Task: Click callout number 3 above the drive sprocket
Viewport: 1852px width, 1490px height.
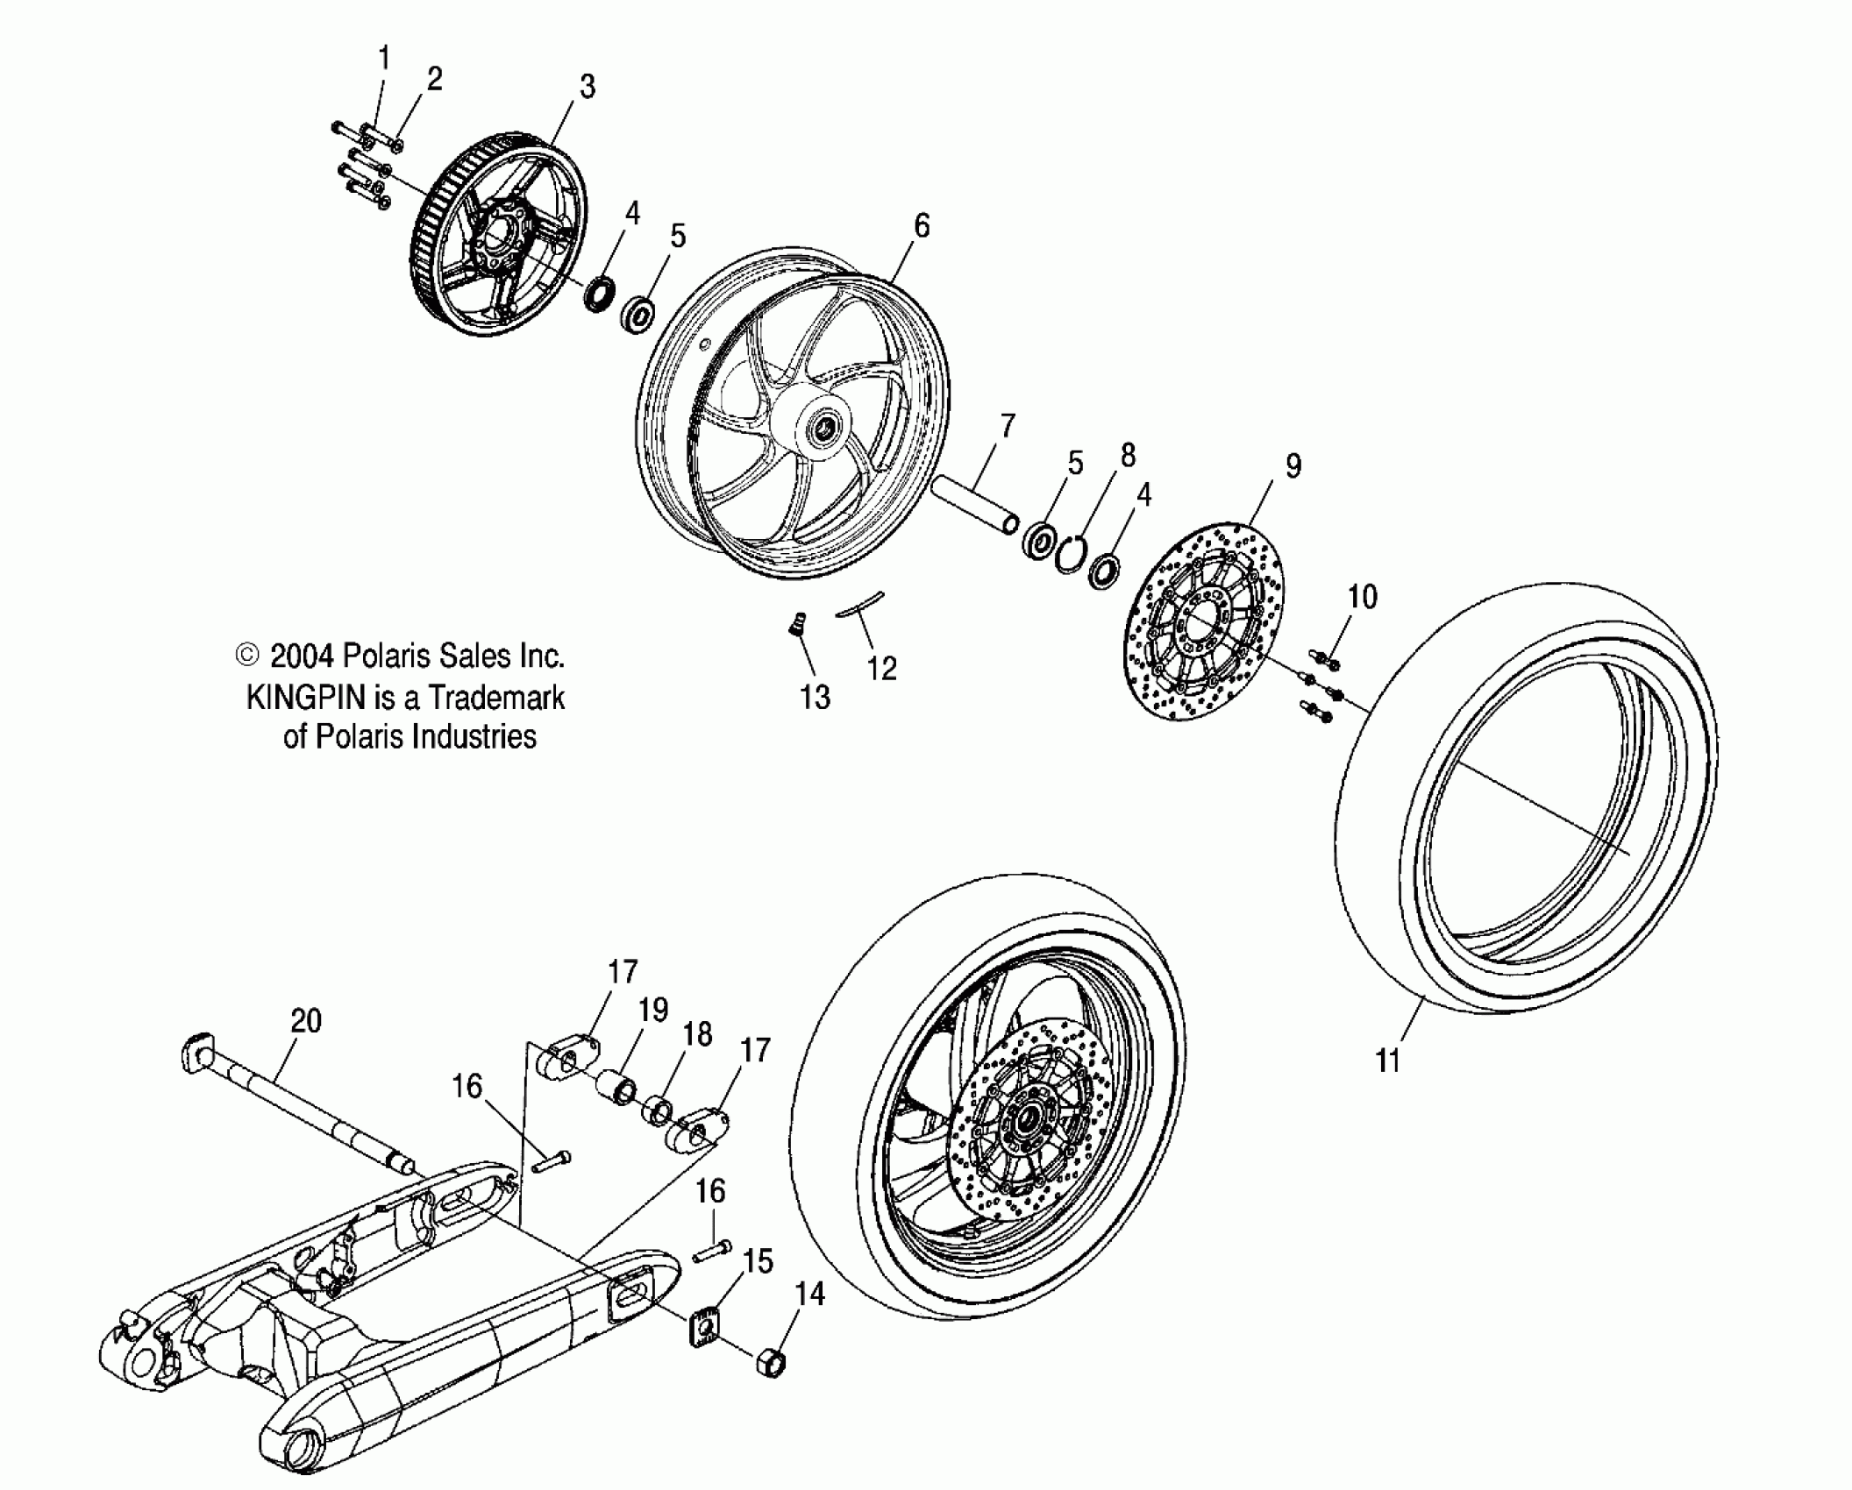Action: tap(588, 87)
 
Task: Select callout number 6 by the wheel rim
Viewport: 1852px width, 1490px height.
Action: tap(921, 226)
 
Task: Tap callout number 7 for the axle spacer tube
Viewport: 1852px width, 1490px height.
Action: tap(1008, 427)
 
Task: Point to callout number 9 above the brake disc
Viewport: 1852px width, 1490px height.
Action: tap(1293, 466)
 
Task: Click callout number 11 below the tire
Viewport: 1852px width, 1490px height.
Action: tap(1387, 1061)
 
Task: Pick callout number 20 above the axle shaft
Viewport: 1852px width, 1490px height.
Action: tap(306, 1020)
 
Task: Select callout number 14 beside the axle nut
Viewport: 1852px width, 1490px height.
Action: tap(809, 1294)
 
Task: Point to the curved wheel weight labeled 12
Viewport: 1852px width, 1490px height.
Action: tap(860, 606)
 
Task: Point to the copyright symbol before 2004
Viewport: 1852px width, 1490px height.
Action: tap(248, 656)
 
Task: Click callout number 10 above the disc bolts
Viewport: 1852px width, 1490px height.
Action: tap(1363, 597)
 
